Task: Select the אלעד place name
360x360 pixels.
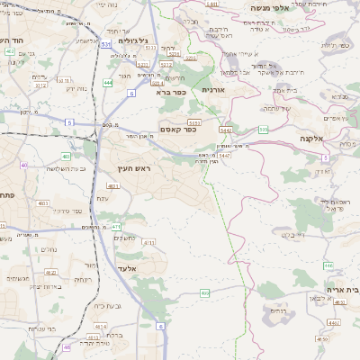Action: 125,268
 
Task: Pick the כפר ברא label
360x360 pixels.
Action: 170,92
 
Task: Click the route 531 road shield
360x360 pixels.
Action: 106,43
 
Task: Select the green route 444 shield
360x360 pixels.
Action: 108,82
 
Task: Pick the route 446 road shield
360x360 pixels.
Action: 328,265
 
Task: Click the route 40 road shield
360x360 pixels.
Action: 23,166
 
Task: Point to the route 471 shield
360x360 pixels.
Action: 116,226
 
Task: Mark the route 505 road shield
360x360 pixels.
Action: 263,130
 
